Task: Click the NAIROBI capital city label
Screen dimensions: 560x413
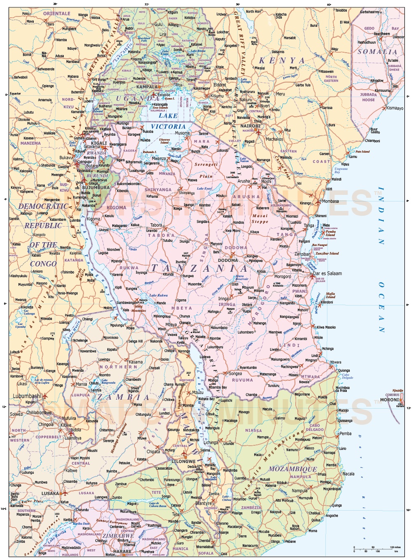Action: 250,126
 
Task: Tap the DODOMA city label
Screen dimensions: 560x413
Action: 228,260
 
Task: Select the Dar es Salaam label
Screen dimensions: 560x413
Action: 327,273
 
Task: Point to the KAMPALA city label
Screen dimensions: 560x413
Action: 147,87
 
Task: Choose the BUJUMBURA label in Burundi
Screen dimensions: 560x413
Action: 96,187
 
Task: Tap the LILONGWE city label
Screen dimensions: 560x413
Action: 183,461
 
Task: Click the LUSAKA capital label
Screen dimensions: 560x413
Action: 50,493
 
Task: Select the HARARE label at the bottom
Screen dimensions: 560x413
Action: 122,551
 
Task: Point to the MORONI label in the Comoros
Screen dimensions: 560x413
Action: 389,399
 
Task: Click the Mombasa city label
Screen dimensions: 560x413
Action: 330,201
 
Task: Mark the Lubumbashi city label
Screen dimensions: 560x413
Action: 27,396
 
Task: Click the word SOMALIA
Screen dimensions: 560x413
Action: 377,52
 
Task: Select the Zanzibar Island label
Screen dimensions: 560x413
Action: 327,253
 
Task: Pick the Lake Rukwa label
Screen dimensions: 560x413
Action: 158,295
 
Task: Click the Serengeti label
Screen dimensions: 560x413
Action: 206,164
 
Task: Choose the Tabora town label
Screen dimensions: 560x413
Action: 156,225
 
